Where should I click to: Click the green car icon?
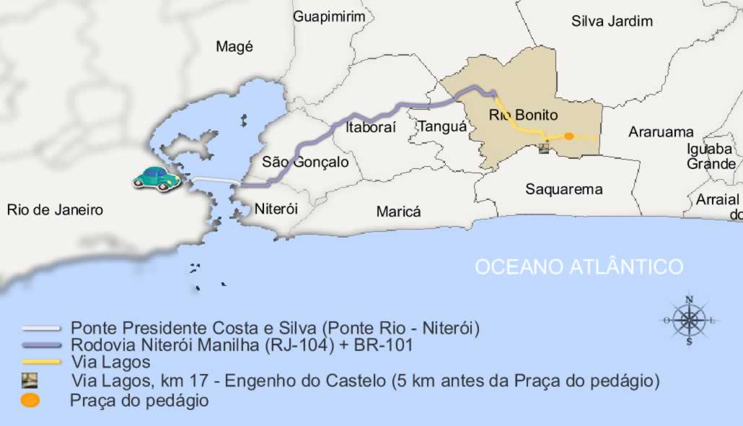click(157, 178)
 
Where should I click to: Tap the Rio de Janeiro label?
click(55, 210)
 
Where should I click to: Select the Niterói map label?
click(276, 209)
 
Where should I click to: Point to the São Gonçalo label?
click(305, 162)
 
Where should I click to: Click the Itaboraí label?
click(371, 128)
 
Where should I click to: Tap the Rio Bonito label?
click(523, 115)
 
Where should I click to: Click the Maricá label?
click(398, 212)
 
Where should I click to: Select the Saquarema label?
click(563, 189)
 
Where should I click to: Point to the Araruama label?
click(661, 132)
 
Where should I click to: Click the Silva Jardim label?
click(612, 21)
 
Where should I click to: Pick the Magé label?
click(234, 47)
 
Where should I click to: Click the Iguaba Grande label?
click(710, 156)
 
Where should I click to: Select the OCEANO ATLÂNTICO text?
click(579, 266)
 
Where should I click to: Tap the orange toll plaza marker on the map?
click(568, 136)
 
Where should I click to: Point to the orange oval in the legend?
click(30, 401)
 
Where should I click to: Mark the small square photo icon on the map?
click(543, 148)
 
